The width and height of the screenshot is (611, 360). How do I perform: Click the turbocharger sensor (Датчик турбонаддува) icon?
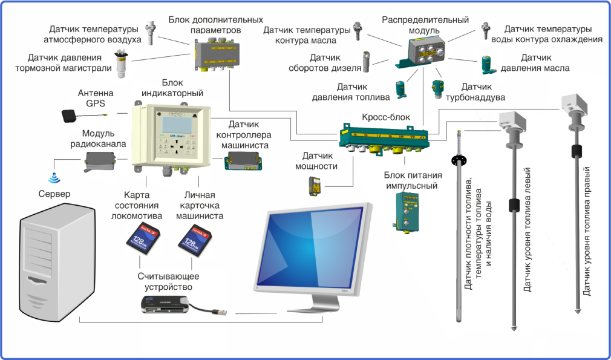point(438,89)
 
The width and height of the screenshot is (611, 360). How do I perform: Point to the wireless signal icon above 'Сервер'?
point(54,178)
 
